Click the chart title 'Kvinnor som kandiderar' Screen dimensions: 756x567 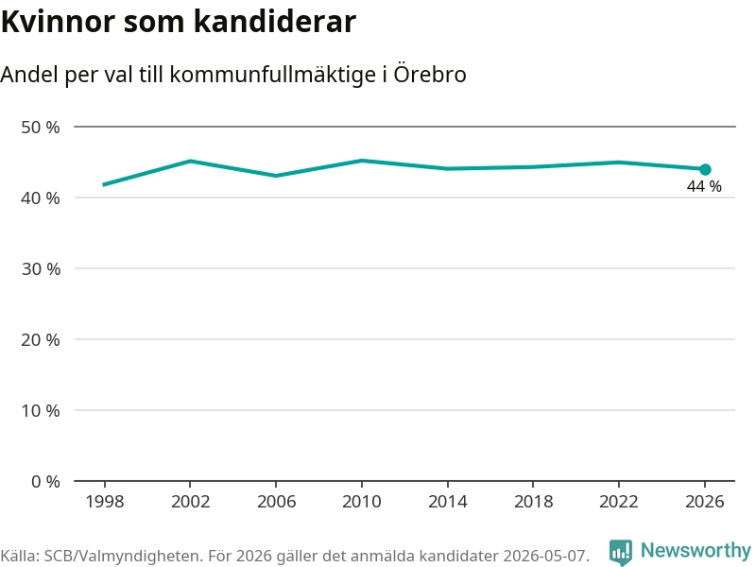pos(179,22)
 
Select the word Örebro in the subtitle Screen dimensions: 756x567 pos(430,75)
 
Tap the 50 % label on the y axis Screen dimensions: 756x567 pos(41,128)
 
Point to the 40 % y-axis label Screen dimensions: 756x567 pos(41,198)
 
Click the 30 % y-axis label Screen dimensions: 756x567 pos(41,269)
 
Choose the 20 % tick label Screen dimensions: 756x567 pos(41,340)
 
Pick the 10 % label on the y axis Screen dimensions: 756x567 pos(41,411)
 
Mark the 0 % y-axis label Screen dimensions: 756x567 pos(45,482)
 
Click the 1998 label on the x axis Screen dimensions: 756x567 pos(105,502)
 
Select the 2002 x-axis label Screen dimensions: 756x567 pos(191,502)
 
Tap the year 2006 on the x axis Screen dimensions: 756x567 pos(276,502)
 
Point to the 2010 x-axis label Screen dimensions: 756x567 pos(362,502)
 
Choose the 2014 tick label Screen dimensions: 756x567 pos(447,502)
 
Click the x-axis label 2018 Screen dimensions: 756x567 pos(533,502)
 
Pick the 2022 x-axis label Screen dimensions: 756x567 pos(619,502)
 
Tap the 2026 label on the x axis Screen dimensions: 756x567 pos(704,502)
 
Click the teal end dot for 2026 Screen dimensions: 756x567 pos(705,170)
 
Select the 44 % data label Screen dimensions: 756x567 pos(704,186)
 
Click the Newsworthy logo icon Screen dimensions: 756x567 pos(621,552)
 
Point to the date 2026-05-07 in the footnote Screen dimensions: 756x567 pos(545,556)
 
